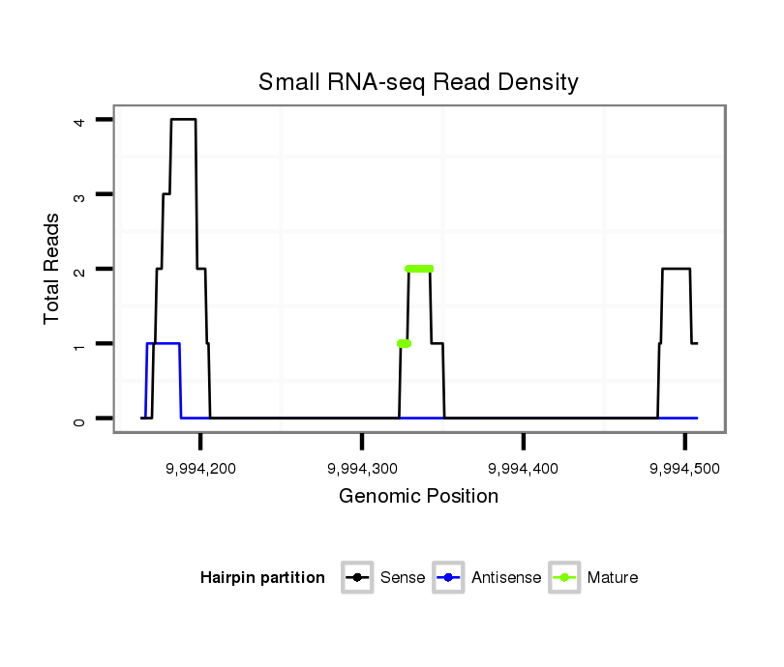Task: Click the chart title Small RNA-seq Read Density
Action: (x=418, y=82)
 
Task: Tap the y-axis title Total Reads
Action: (x=52, y=268)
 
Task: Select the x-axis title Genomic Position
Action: (x=418, y=497)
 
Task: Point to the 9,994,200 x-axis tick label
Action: (x=200, y=467)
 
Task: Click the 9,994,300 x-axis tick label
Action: (x=362, y=467)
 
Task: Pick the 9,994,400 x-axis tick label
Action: (x=524, y=467)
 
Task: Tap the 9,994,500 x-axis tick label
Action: (x=684, y=467)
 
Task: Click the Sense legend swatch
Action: (x=357, y=578)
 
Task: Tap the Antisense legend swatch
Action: (x=449, y=578)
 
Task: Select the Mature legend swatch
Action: (x=564, y=578)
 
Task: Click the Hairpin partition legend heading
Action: (x=262, y=578)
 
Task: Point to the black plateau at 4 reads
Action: (x=183, y=119)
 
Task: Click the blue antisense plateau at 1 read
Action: (x=163, y=343)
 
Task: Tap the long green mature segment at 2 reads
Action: (x=419, y=269)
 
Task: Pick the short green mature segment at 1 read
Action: (x=404, y=343)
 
